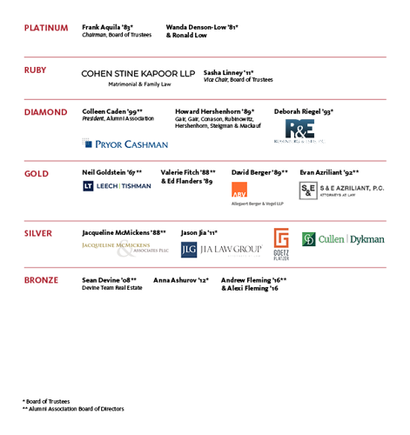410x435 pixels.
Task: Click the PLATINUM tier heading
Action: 46,28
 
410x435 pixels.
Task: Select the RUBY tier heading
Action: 36,70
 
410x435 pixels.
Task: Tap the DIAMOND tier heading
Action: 45,112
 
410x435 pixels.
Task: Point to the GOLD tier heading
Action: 36,173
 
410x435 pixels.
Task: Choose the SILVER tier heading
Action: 38,233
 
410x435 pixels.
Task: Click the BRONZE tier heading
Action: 41,280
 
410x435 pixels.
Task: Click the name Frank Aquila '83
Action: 107,28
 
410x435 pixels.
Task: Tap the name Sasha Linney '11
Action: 228,72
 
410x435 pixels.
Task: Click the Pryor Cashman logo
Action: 125,144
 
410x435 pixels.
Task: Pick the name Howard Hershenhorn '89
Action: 214,112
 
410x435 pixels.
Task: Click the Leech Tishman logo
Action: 116,186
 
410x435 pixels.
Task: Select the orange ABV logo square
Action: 240,191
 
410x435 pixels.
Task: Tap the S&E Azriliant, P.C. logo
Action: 341,189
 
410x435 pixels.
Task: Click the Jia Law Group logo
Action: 221,250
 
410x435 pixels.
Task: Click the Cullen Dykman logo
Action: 343,239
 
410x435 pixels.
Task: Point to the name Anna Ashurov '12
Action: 181,280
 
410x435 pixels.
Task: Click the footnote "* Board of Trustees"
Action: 47,400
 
